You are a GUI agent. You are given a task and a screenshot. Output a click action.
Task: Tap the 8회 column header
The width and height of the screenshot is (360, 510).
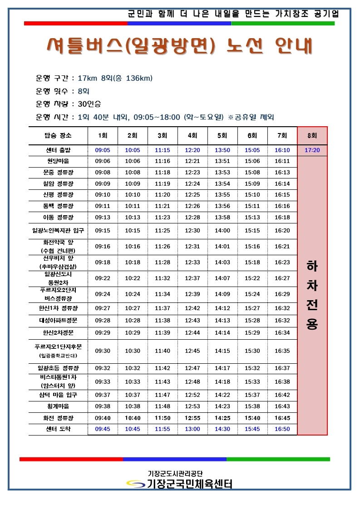(312, 135)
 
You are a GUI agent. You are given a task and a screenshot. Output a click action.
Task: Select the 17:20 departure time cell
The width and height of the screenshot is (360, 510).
(312, 150)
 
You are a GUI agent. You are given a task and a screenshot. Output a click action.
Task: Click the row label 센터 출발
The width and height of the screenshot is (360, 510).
(58, 150)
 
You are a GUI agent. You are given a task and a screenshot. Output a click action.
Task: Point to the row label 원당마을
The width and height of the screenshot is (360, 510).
(58, 161)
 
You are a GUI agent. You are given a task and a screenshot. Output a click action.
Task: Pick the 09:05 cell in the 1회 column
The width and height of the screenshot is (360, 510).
(103, 150)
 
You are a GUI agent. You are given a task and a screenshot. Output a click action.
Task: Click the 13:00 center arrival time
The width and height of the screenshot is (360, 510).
(192, 429)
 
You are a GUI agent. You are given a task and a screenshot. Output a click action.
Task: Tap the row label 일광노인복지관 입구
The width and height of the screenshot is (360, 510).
(58, 231)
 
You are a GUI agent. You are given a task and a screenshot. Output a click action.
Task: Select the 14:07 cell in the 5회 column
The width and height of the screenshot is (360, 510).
(222, 278)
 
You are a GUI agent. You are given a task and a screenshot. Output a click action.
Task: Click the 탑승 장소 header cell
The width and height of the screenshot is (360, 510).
(58, 135)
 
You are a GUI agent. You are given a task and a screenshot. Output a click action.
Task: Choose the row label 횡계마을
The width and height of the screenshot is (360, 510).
(58, 406)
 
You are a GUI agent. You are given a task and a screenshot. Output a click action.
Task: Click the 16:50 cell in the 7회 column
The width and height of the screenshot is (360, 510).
(282, 429)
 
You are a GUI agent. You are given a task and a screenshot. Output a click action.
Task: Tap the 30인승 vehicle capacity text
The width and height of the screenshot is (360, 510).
(89, 104)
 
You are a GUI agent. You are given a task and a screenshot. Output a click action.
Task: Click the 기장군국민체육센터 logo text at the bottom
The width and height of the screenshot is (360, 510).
(189, 484)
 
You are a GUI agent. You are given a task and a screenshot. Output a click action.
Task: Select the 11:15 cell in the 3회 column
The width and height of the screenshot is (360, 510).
(163, 150)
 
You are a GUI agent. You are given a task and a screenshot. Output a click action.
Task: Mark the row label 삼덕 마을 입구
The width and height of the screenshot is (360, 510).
(58, 395)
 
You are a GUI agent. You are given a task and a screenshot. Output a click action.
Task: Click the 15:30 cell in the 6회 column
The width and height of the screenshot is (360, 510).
(252, 351)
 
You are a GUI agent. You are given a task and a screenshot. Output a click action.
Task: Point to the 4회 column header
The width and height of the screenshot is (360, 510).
(192, 135)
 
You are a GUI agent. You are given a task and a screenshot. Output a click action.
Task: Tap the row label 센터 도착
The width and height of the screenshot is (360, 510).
(58, 429)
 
